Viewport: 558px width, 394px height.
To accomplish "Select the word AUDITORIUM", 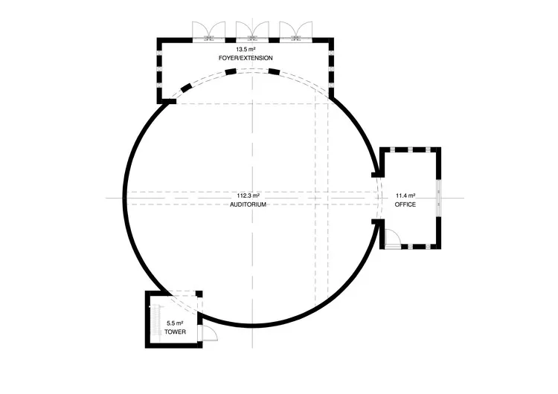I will (x=248, y=204).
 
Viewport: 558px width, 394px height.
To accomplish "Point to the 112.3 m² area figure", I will (x=248, y=195).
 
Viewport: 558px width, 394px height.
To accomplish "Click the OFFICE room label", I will (x=405, y=204).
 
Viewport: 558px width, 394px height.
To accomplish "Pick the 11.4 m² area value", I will (x=405, y=195).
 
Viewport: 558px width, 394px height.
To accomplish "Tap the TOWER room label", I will (x=175, y=332).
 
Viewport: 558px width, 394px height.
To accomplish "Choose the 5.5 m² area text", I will (x=175, y=323).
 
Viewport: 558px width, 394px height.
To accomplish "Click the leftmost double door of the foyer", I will (x=208, y=30).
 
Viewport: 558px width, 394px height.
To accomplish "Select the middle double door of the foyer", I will (x=251, y=30).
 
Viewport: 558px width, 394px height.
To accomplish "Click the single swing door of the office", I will (x=392, y=238).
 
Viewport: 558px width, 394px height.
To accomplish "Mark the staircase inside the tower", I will (x=155, y=320).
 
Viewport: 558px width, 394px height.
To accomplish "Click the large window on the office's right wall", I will (x=440, y=198).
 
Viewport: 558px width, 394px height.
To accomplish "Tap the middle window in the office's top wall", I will (x=411, y=150).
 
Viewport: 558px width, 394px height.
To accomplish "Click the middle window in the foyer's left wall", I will (x=158, y=69).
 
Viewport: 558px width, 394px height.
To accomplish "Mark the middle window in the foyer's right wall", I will (x=332, y=69).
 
